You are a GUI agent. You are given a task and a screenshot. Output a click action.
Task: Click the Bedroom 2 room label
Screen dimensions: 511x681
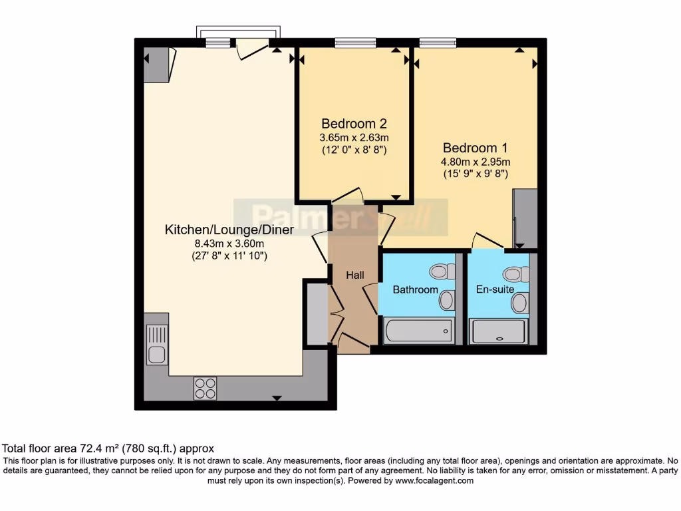pos(354,124)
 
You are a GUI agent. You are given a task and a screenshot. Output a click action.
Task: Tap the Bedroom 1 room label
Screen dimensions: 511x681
pos(476,148)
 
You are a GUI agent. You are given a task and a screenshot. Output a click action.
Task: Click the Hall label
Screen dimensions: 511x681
pos(354,275)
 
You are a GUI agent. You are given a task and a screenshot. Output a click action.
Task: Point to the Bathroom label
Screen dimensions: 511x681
pos(415,289)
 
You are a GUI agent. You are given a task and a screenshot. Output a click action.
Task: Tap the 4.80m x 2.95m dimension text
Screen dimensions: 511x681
pos(476,161)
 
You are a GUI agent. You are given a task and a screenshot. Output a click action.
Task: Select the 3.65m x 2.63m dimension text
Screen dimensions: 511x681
pos(354,138)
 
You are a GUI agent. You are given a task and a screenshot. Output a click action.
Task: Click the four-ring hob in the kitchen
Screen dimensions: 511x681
pos(205,388)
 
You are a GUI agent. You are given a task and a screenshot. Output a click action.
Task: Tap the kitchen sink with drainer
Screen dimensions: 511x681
pos(157,345)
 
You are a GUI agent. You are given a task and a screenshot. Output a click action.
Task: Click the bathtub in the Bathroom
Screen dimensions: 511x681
pos(419,331)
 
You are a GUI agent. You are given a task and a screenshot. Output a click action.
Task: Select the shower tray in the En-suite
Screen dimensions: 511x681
pos(498,331)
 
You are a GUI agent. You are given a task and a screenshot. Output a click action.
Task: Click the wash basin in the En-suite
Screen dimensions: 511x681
pos(519,303)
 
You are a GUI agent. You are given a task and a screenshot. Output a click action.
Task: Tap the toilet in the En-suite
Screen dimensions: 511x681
pos(515,273)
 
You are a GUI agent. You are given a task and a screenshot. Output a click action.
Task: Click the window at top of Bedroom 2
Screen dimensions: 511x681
pos(355,43)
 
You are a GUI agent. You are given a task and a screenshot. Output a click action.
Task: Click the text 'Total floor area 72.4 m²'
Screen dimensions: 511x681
pos(73,448)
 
